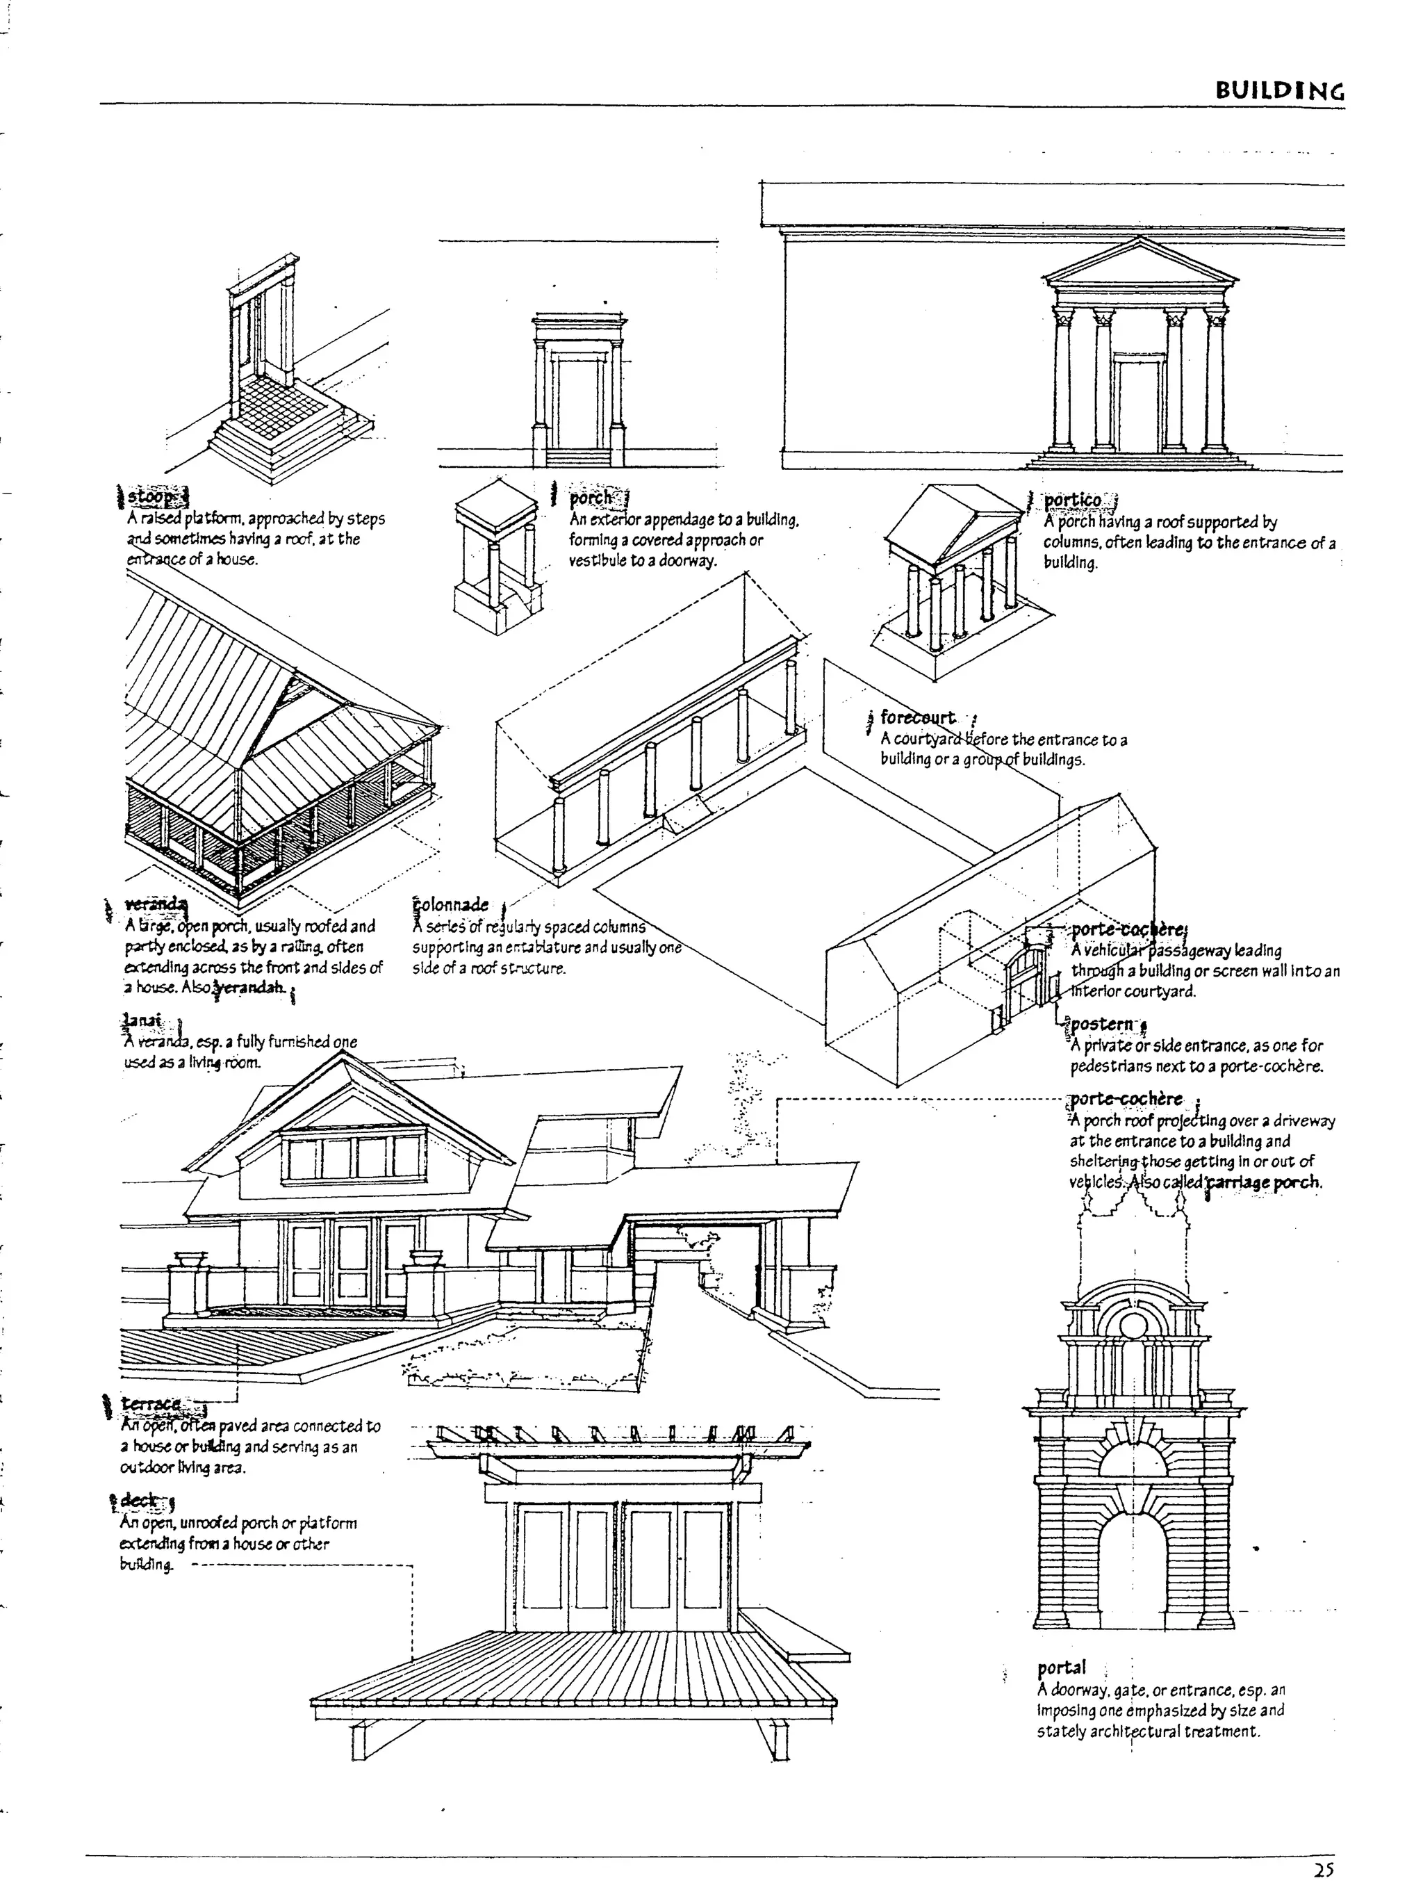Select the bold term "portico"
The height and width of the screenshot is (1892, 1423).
pos(1072,500)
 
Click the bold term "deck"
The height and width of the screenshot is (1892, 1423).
pos(138,1500)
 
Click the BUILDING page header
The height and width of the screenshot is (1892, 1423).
pos(1278,90)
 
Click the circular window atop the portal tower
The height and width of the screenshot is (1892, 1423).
pos(1133,1327)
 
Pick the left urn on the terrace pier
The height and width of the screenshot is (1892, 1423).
pos(190,1258)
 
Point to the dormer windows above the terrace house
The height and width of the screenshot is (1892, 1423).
pos(340,1157)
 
